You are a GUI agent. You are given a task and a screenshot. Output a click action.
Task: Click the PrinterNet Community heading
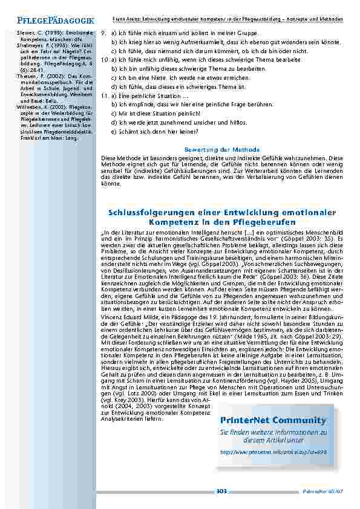pos(273,420)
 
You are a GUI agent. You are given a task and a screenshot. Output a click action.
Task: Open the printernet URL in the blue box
pos(272,452)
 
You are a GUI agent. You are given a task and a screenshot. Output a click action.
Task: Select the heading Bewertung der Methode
pos(221,149)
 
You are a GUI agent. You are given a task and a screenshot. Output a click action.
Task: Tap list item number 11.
pos(104,96)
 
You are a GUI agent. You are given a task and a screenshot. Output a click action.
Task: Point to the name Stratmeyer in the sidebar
pos(24,45)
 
